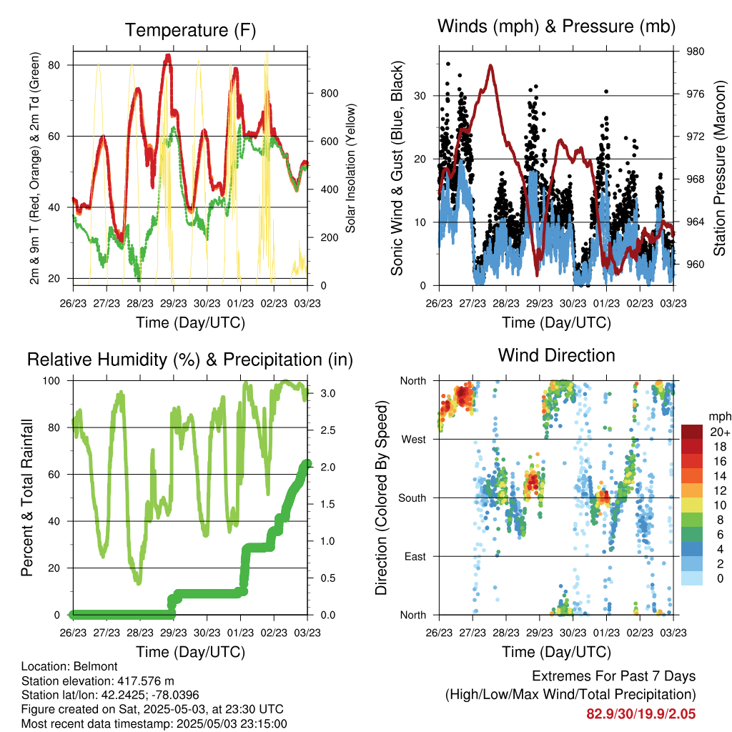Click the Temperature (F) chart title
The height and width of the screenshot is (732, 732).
[190, 30]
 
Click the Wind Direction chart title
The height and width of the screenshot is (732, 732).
[556, 355]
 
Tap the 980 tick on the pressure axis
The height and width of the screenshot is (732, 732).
[695, 51]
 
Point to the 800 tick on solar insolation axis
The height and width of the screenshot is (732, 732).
[329, 94]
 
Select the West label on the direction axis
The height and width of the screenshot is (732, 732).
[414, 440]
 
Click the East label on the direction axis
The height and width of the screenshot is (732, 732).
[415, 556]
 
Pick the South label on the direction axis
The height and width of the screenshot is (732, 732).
[412, 498]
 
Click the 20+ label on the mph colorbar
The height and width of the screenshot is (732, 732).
[720, 432]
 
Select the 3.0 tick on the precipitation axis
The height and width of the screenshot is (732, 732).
[327, 393]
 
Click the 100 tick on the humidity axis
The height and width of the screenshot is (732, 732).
[51, 380]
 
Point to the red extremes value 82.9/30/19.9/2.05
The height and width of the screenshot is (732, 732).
[641, 714]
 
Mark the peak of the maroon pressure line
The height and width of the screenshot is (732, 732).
[490, 65]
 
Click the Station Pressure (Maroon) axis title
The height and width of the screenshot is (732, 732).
[719, 168]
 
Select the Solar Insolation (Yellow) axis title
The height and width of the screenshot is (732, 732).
[350, 168]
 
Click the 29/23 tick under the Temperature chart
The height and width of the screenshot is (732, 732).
[174, 303]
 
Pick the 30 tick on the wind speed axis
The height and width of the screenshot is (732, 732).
[420, 96]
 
